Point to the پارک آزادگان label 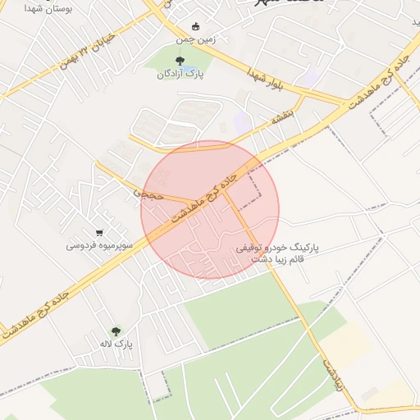point(180,74)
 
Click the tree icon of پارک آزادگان point(180,60)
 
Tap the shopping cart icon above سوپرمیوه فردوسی point(99,232)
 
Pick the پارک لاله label point(116,344)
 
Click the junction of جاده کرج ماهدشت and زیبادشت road point(226,189)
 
